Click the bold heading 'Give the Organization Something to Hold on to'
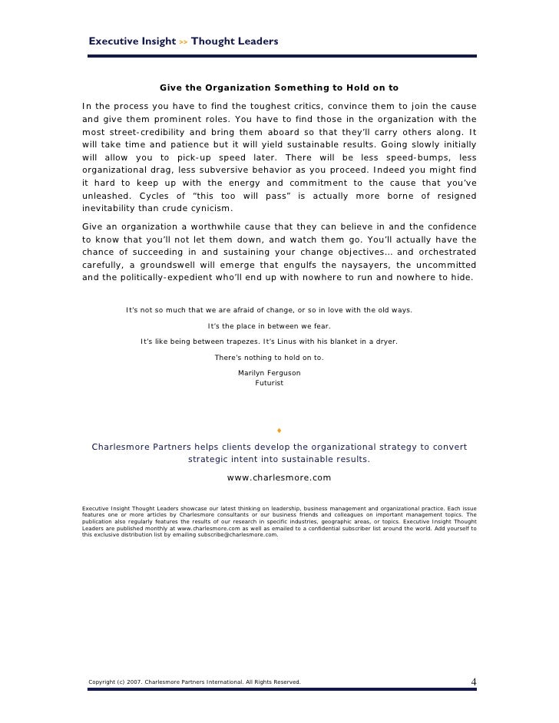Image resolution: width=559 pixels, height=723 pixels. [x=279, y=87]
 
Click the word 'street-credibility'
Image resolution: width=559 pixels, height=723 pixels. [x=141, y=134]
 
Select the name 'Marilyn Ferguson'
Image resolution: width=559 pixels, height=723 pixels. [x=270, y=373]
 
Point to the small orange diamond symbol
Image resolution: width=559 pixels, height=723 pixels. [x=279, y=430]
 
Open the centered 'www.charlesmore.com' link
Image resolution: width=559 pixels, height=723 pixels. [x=279, y=477]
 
